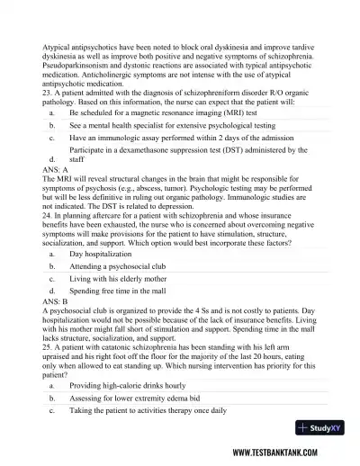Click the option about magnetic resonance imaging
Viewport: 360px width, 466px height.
point(171,114)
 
